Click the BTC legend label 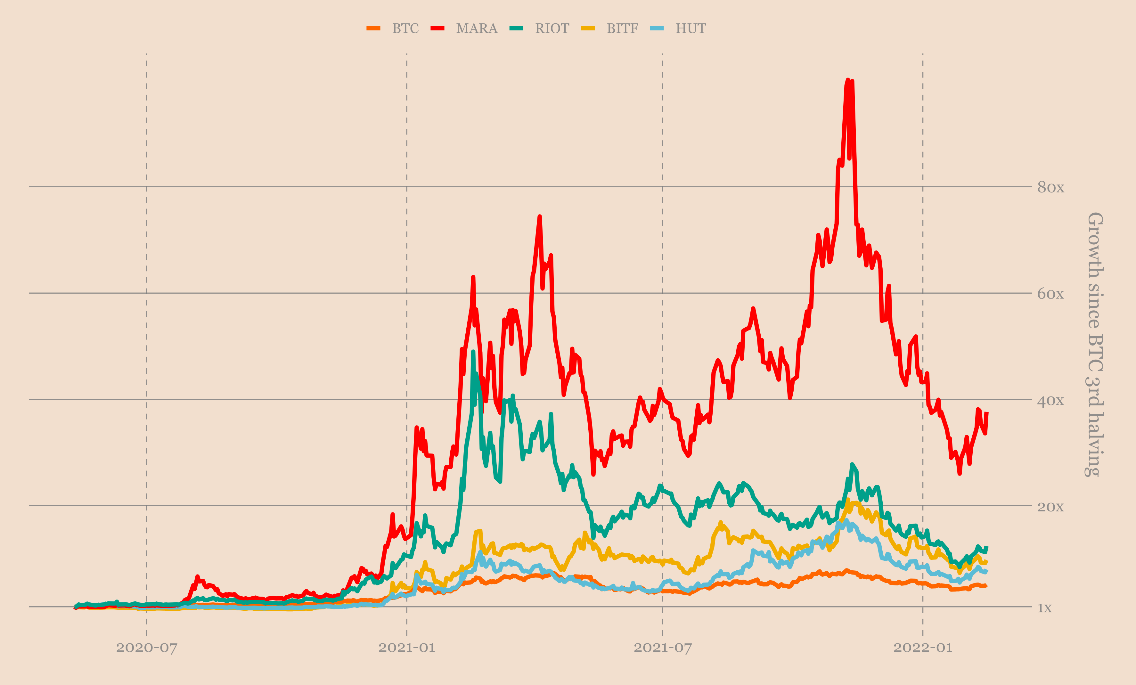coord(405,29)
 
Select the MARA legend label coord(477,29)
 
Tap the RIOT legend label coord(552,29)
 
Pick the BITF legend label coord(622,29)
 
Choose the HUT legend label coord(691,29)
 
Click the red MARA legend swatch coord(437,29)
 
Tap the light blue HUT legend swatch coord(657,29)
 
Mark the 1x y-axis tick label coord(1045,608)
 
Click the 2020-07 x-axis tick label coord(147,648)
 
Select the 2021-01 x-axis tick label coord(407,648)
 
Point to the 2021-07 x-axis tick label coord(663,648)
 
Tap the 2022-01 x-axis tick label coord(922,648)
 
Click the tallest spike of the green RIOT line coord(473,352)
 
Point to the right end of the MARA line coord(986,413)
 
